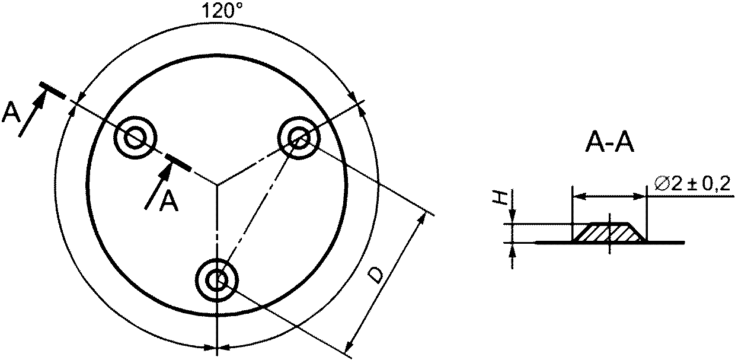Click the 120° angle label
tap(223, 10)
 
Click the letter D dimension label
tap(375, 275)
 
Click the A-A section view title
tap(609, 144)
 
